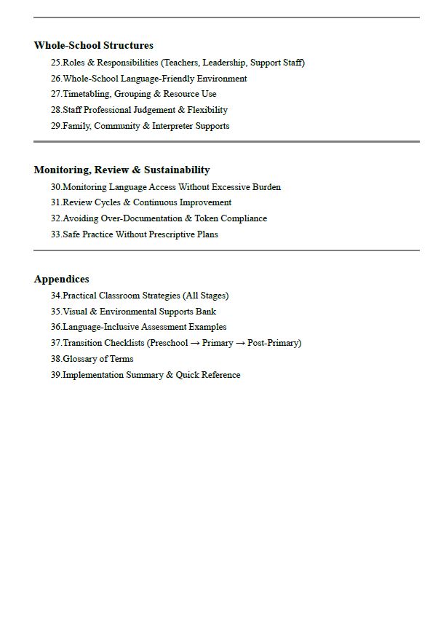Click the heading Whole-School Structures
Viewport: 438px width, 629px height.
[x=93, y=45]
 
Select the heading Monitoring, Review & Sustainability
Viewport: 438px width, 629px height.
[x=122, y=170]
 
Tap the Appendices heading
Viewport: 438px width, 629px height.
[x=61, y=279]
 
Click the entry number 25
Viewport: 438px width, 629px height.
[x=56, y=63]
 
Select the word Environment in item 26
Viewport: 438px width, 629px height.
[x=222, y=79]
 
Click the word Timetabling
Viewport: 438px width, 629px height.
[x=86, y=94]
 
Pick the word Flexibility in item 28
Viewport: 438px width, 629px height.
[x=207, y=110]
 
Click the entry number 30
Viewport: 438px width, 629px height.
[x=56, y=187]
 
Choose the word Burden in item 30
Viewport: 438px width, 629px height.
[x=266, y=187]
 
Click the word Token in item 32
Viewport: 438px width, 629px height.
[x=207, y=218]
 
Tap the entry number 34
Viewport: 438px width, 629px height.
[x=56, y=296]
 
